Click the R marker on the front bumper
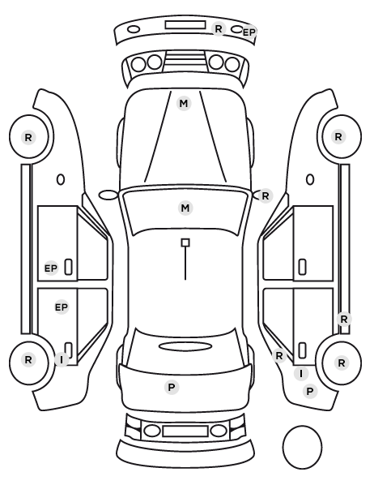coord(219,28)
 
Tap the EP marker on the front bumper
coord(249,32)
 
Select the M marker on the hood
coord(184,103)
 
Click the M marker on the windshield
coord(185,208)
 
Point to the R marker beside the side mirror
coord(266,195)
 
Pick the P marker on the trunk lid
coord(172,387)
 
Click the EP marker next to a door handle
coord(51,268)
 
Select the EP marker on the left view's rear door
coord(62,307)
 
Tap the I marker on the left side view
coord(62,360)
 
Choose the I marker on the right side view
coord(301,374)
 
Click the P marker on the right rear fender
coord(310,392)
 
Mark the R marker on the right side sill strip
coord(344,320)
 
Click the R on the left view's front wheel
coord(28,138)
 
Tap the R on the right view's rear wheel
coord(342,363)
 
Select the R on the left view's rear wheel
coord(28,360)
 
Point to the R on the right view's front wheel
coord(338,137)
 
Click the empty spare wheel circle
coord(302,427)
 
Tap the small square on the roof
coord(185,242)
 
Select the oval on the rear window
coord(185,346)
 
